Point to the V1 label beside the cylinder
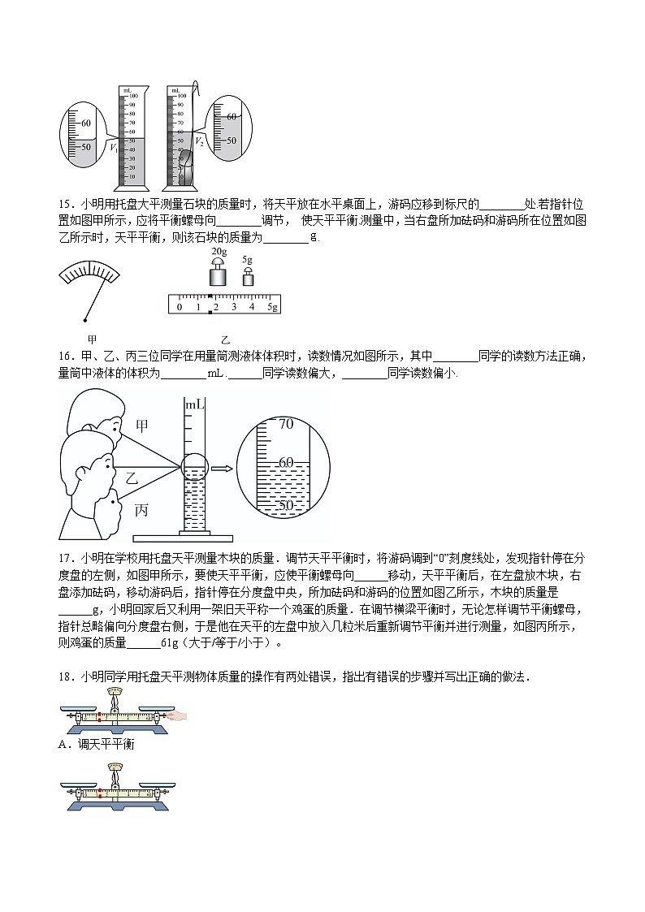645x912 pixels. (114, 148)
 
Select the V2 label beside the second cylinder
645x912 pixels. (199, 141)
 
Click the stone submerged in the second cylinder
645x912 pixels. (185, 166)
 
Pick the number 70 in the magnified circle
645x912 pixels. (285, 424)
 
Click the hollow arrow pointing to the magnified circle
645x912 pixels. (220, 468)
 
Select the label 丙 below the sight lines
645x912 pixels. (141, 511)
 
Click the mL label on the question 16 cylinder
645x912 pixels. (194, 404)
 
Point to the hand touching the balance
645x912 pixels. (175, 715)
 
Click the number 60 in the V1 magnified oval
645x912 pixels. (88, 124)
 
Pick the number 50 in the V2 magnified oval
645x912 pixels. (232, 140)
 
